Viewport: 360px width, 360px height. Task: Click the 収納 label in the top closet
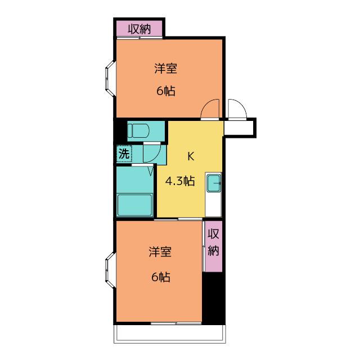(139, 29)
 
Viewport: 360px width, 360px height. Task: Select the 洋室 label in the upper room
(166, 69)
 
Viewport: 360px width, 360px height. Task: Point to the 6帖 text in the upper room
(166, 91)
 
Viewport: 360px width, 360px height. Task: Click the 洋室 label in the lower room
(160, 252)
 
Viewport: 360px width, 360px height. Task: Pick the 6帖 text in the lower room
(161, 277)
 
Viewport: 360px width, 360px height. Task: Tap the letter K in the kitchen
(191, 156)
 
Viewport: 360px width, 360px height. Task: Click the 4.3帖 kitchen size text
(180, 181)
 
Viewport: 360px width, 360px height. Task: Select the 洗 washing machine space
(124, 154)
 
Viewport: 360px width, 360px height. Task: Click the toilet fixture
(138, 131)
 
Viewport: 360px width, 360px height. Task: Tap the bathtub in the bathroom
(135, 205)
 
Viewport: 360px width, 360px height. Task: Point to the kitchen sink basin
(214, 183)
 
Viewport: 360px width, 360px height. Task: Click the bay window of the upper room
(110, 78)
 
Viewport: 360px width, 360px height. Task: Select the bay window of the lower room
(110, 270)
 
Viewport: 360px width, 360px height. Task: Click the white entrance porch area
(238, 128)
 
